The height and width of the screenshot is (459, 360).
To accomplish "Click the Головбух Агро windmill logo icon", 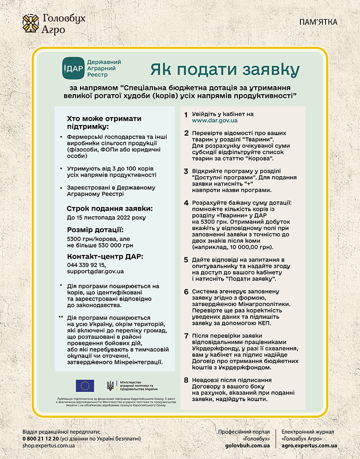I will click(31, 23).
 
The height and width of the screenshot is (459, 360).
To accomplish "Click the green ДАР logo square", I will click(73, 68).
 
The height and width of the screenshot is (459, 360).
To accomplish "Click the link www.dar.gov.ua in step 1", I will click(215, 121).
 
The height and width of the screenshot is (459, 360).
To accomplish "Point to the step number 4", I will click(186, 203).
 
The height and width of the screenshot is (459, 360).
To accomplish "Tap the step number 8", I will click(186, 380).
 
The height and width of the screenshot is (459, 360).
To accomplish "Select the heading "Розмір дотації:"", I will click(95, 230).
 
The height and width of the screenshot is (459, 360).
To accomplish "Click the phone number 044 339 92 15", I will click(86, 264).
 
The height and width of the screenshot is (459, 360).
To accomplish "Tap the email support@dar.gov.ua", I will click(95, 271).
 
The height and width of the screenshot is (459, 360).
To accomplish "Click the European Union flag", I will click(85, 385).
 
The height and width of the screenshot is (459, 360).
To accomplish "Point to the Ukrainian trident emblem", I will click(110, 385).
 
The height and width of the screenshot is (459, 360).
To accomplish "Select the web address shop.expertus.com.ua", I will click(48, 445).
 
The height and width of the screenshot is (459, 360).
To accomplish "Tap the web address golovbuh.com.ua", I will click(247, 445).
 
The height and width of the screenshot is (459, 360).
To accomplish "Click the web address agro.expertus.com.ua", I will click(309, 445).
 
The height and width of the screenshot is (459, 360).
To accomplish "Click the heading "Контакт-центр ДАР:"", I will click(105, 257).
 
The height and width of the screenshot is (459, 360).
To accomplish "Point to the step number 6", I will click(186, 292).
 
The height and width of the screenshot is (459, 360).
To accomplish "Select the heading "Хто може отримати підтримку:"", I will click(104, 123).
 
